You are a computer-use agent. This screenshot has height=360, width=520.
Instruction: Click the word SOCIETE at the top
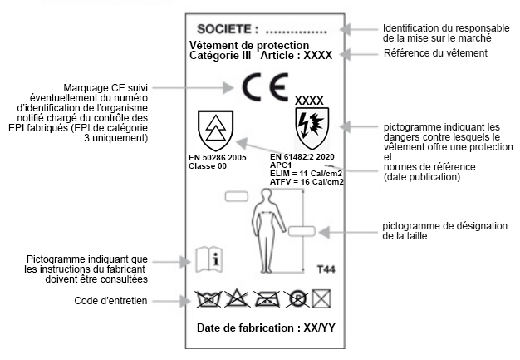[x=227, y=30]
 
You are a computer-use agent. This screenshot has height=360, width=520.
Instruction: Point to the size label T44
[x=328, y=270]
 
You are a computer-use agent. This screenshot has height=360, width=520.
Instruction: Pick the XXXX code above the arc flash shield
[x=309, y=101]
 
